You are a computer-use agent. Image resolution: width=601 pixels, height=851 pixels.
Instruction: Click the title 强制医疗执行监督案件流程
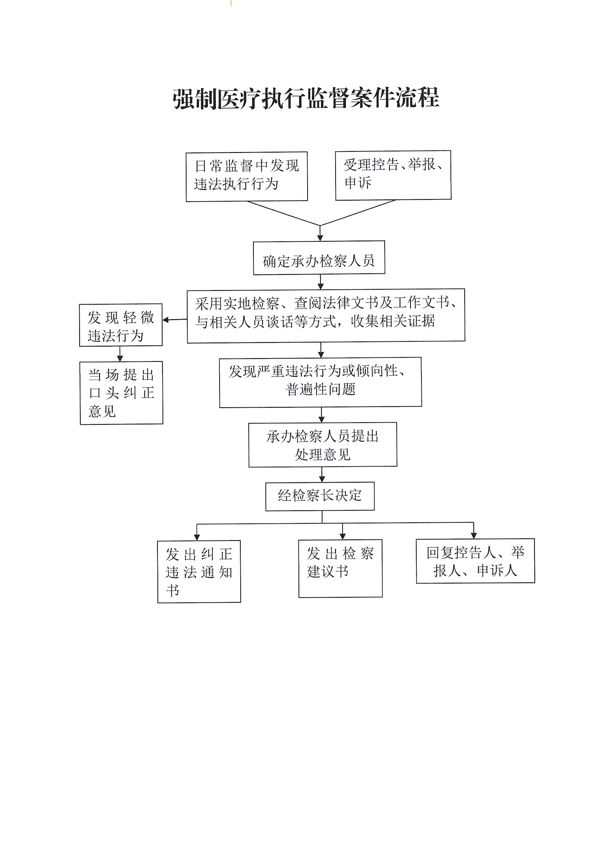point(306,99)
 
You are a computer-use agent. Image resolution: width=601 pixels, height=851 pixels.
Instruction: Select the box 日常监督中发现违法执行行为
point(247,177)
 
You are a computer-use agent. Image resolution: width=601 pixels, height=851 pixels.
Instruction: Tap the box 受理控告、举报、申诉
point(393,175)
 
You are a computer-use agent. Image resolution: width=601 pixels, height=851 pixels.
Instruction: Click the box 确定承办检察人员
point(319,258)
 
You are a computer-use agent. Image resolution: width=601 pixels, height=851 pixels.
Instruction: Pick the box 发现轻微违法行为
point(121,325)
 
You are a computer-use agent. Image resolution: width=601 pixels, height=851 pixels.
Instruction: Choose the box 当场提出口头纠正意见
point(121,392)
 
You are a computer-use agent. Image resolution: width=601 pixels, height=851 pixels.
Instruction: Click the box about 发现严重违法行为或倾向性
point(320,382)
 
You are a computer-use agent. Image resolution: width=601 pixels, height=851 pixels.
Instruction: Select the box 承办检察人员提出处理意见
point(322,444)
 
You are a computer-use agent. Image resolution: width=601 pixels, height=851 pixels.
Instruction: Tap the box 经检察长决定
point(320,496)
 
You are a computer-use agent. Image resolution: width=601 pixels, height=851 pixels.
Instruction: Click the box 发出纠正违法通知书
point(199,571)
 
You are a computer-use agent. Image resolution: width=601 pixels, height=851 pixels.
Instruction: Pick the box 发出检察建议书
point(340,568)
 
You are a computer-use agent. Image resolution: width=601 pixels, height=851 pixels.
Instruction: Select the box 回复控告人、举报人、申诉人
point(475,561)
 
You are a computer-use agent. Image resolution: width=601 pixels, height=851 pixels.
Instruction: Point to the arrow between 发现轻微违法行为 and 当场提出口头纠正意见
point(120,354)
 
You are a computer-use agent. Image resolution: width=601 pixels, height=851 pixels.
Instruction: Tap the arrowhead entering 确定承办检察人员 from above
point(320,238)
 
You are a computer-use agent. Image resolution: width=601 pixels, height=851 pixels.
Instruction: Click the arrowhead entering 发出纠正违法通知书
point(197,537)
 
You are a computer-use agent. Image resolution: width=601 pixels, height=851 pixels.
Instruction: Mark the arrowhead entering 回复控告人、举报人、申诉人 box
point(474,535)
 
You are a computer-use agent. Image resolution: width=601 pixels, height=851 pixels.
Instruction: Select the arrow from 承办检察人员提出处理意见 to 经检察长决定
point(322,474)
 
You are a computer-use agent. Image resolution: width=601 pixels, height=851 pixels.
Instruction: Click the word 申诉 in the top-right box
point(358,183)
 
